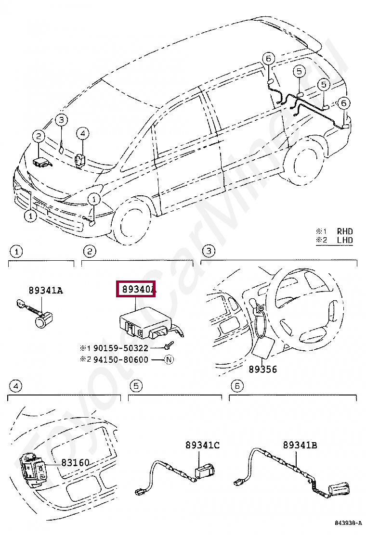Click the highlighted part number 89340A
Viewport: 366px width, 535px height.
click(x=136, y=289)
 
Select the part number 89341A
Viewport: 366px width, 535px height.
click(x=45, y=290)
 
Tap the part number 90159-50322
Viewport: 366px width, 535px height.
click(x=121, y=348)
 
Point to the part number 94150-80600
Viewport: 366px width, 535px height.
click(x=121, y=359)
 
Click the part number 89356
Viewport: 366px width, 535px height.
click(x=262, y=369)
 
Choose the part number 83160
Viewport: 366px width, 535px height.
click(x=75, y=462)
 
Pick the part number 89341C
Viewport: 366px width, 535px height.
click(x=202, y=446)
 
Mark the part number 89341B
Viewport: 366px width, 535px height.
click(x=300, y=446)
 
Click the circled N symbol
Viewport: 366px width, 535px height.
click(x=169, y=359)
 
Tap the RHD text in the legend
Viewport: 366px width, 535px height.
click(x=344, y=231)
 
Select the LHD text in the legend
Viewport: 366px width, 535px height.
click(x=344, y=240)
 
